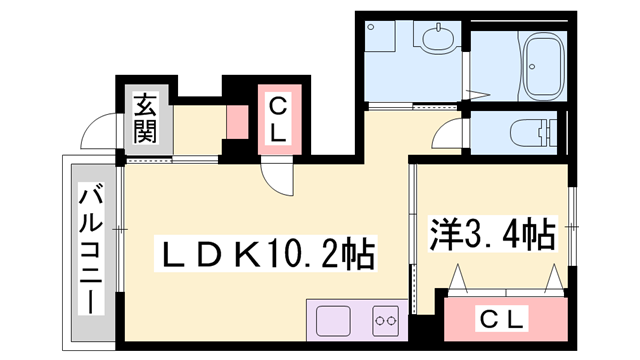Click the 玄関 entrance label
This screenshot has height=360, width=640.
pos(146,117)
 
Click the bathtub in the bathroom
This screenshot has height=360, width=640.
pos(542,63)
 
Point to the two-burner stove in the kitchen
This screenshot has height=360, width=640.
pos(386,322)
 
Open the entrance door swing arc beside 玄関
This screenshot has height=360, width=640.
pos(100,130)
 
